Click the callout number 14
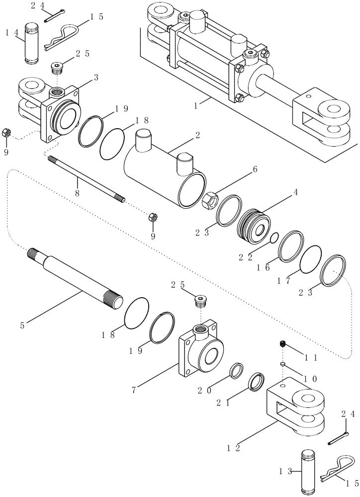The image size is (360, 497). tap(11, 33)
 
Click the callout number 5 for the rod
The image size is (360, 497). tap(22, 326)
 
